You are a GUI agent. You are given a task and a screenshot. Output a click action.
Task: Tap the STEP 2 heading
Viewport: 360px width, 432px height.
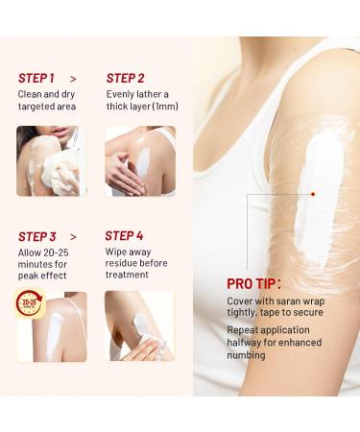tap(126, 78)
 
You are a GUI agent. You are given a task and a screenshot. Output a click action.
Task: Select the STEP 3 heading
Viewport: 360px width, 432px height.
tap(37, 236)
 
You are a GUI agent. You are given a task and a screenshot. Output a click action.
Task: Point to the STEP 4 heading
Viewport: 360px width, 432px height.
tap(125, 235)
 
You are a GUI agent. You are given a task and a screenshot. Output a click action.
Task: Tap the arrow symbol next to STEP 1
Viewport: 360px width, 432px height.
tap(74, 79)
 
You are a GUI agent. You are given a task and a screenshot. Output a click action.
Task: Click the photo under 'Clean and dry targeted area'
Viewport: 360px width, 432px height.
tap(51, 161)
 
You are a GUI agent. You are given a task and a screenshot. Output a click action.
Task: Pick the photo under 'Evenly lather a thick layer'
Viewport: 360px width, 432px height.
tap(139, 161)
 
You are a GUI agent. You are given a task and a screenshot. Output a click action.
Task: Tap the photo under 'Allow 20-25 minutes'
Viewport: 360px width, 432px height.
tap(51, 326)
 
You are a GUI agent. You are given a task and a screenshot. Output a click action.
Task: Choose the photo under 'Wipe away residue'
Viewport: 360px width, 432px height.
tap(139, 326)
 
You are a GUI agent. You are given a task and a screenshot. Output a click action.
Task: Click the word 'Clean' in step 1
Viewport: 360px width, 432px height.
tap(32, 94)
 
